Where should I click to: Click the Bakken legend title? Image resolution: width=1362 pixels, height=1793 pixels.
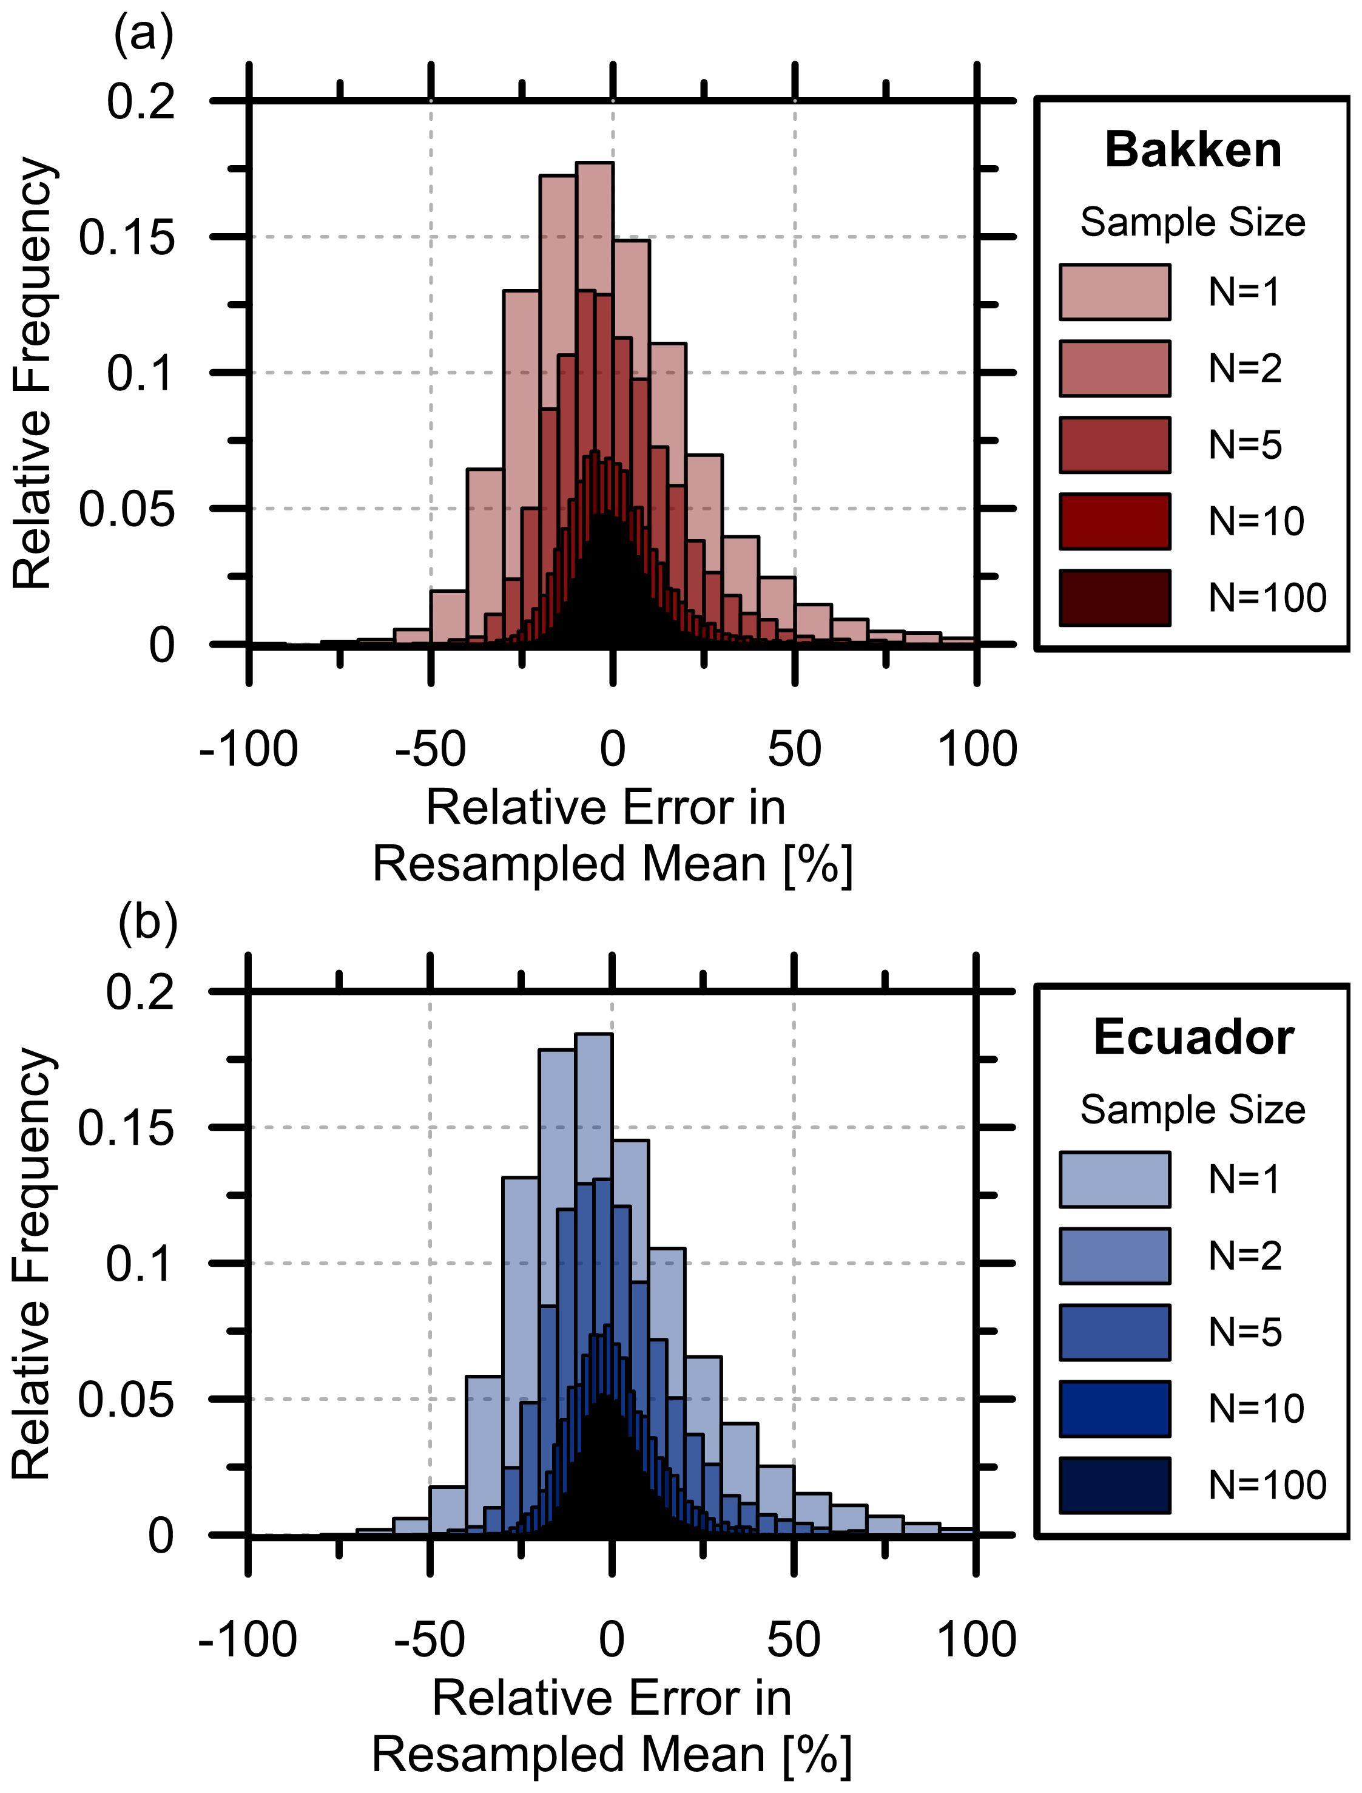click(1193, 151)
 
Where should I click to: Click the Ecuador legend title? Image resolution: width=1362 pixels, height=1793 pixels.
click(1193, 1038)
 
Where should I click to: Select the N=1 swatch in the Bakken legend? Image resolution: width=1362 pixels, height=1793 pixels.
click(1114, 292)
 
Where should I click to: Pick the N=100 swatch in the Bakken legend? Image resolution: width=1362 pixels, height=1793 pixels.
click(1114, 598)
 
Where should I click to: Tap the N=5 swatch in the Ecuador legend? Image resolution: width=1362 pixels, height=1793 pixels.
click(1114, 1332)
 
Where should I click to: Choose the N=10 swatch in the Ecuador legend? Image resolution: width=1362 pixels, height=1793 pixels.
click(1114, 1409)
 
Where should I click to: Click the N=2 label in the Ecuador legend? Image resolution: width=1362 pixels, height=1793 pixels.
click(1246, 1256)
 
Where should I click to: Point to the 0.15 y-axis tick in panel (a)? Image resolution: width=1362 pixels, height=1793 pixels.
click(126, 237)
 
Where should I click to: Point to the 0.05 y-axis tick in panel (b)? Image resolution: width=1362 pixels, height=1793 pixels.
click(126, 1400)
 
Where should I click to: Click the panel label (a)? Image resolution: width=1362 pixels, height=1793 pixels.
click(144, 36)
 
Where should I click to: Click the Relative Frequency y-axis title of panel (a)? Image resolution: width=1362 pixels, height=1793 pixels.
click(32, 373)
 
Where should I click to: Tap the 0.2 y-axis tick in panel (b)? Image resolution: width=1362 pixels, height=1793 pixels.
click(140, 991)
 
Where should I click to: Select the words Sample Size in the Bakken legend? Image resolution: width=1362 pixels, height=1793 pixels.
click(1193, 222)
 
